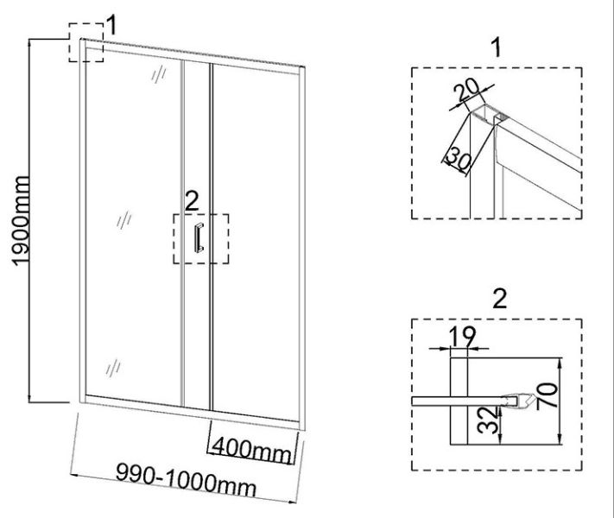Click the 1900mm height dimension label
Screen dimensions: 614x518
[x=21, y=221]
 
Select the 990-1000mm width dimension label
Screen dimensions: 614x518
[x=187, y=480]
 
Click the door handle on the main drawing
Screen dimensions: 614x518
[x=198, y=237]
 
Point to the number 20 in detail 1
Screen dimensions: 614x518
[x=467, y=92]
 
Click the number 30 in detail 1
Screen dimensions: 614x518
[x=459, y=158]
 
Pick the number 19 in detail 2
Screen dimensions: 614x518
[x=462, y=337]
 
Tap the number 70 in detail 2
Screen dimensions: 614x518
[x=547, y=396]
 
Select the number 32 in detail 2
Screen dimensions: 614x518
[x=490, y=420]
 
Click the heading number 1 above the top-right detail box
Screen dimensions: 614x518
[x=497, y=47]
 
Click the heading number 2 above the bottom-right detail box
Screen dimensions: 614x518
[x=499, y=299]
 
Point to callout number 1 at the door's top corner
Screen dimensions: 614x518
[x=111, y=26]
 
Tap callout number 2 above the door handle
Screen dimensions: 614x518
[x=192, y=202]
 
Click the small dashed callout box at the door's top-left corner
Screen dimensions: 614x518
[x=86, y=42]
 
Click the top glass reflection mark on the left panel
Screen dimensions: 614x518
[x=159, y=74]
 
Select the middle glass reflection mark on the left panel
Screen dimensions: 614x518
[x=124, y=219]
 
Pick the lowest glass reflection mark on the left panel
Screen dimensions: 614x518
[x=113, y=368]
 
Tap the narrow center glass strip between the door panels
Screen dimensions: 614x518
[x=197, y=235]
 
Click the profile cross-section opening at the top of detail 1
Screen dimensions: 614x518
[x=489, y=114]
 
